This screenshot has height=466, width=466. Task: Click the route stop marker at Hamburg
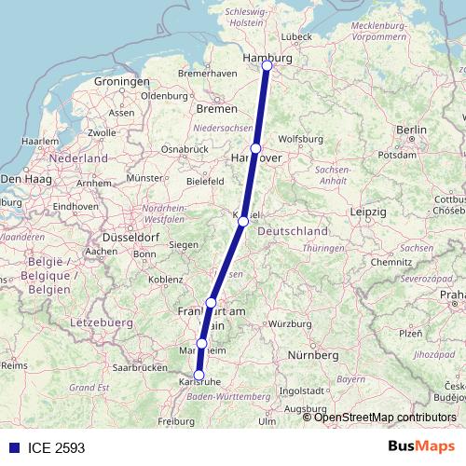(267, 65)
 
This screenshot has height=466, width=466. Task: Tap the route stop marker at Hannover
(255, 147)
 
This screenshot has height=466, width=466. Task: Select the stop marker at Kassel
(243, 221)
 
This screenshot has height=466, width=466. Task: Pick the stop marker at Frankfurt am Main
(212, 302)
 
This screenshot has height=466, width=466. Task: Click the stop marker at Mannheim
(202, 344)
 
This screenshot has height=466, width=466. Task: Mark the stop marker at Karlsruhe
(199, 375)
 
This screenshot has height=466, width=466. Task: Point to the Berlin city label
(411, 130)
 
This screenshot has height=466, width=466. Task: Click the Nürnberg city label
(313, 355)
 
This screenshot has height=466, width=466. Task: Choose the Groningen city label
(121, 82)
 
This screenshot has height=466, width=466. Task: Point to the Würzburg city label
(288, 323)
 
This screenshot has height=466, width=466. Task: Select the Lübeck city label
(295, 36)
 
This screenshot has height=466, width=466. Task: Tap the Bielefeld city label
(206, 180)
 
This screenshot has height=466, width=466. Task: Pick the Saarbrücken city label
(140, 368)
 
